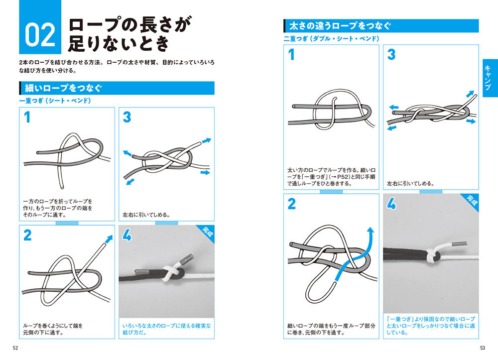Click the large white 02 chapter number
tap(40, 35)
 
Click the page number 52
tap(15, 348)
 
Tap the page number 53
tap(483, 348)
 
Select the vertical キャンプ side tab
tap(488, 78)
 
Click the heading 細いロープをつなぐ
tap(63, 88)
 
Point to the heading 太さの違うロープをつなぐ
tap(340, 26)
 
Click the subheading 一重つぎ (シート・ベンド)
tap(55, 101)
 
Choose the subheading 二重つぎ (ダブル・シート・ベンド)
tap(331, 39)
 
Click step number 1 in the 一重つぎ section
tap(27, 117)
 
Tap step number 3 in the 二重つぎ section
tap(391, 54)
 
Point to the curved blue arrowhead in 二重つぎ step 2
tap(371, 231)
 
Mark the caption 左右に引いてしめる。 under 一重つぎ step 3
tap(146, 215)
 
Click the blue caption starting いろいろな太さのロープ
tap(166, 329)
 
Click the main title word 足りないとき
tap(118, 44)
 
